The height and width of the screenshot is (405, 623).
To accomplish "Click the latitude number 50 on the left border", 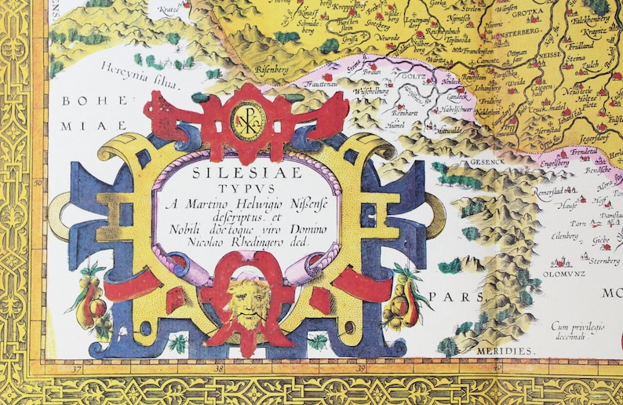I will coord(37,183).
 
